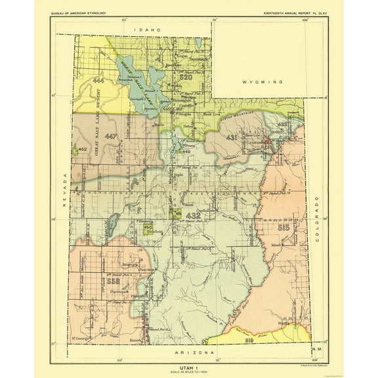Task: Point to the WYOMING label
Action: pyautogui.click(x=261, y=82)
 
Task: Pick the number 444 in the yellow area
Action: pyautogui.click(x=99, y=80)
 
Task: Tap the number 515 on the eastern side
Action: pyautogui.click(x=283, y=227)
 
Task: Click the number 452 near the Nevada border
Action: pyautogui.click(x=82, y=150)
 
